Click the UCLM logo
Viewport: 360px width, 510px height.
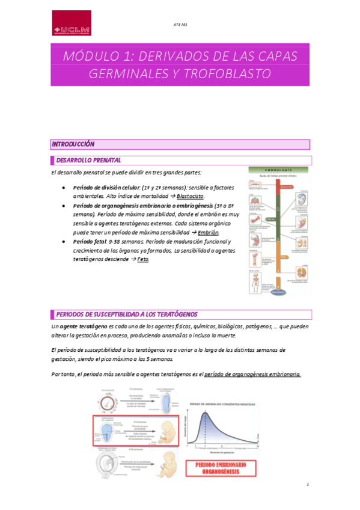coord(72,23)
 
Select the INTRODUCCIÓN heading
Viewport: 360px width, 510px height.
coord(73,144)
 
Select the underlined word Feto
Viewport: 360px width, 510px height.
coord(143,259)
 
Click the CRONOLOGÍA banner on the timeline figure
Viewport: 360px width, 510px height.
coord(279,170)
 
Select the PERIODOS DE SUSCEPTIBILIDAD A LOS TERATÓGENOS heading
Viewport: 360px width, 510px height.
coord(126,315)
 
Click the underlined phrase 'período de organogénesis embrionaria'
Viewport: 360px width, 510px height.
coord(252,374)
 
